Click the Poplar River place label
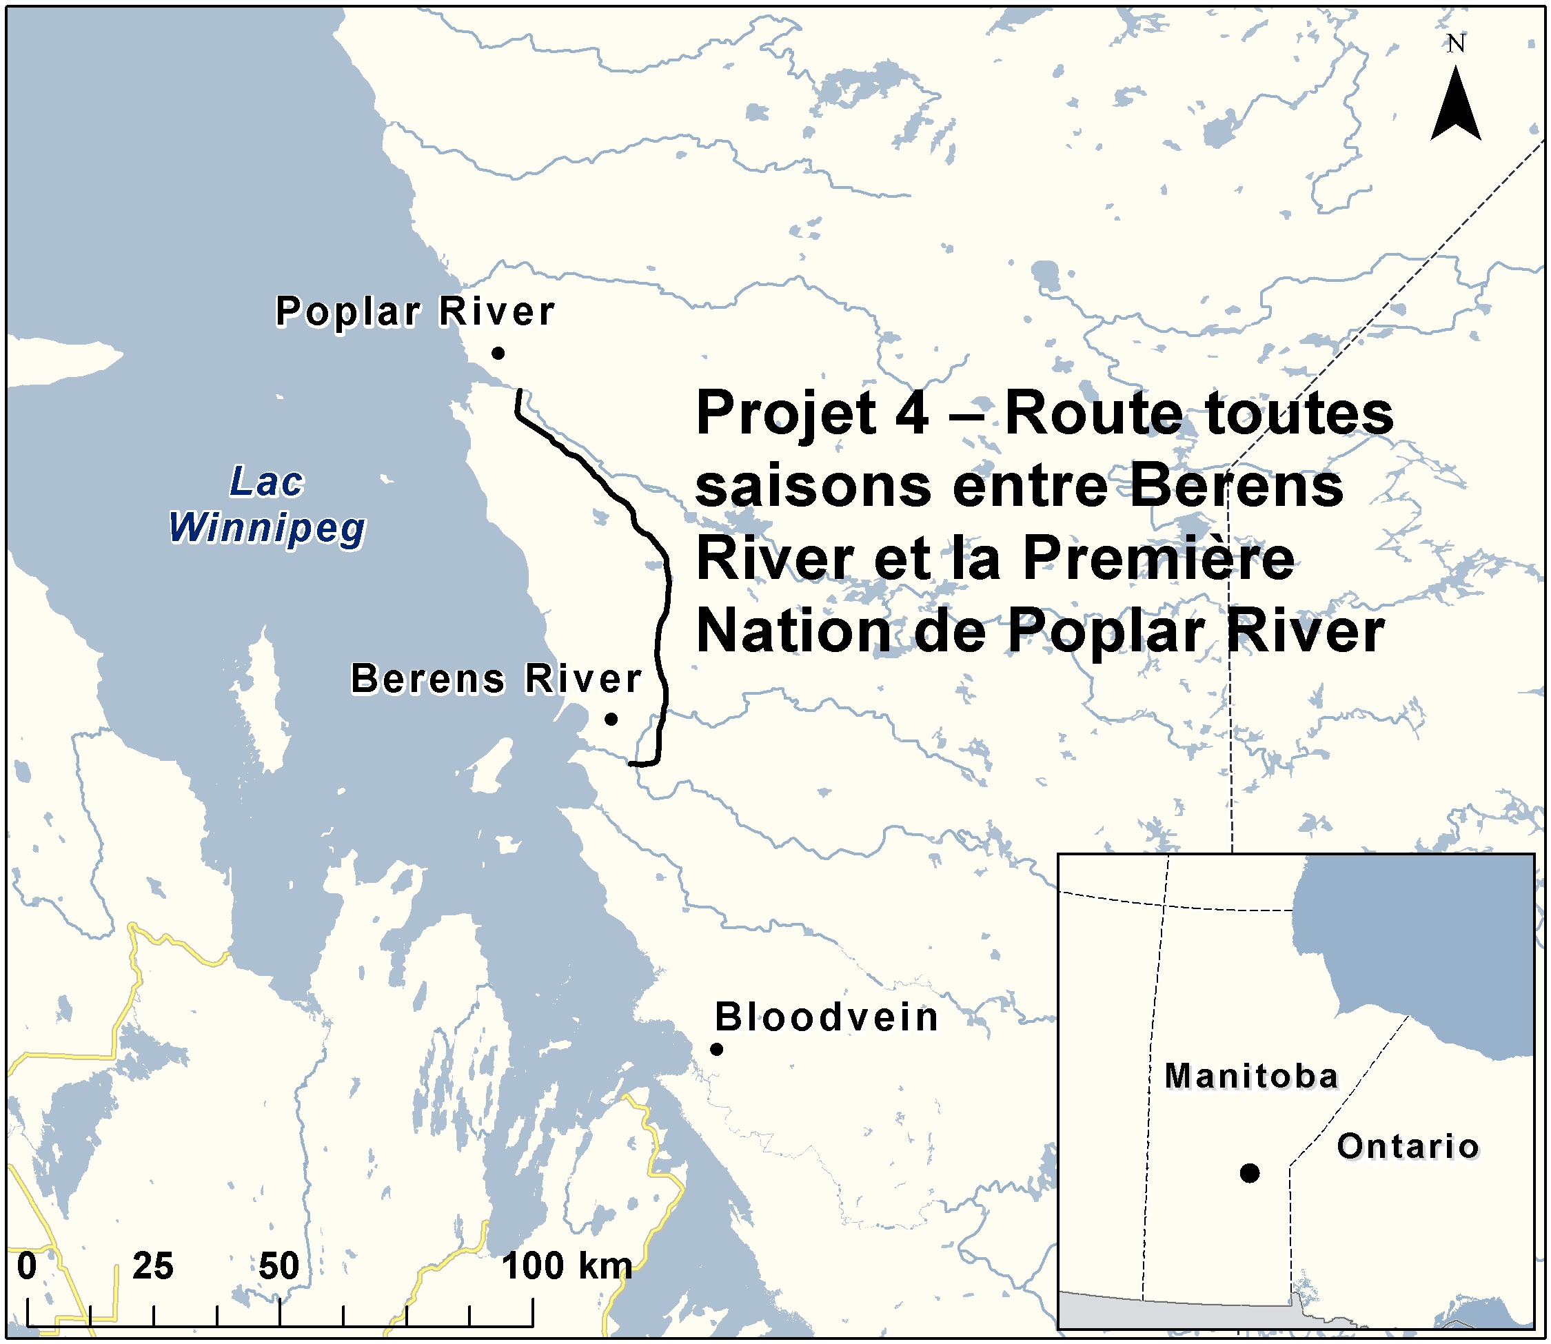415,312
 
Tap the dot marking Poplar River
498,352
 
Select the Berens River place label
496,679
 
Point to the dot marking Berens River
611,718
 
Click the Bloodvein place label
827,1018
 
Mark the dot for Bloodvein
716,1049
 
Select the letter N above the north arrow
1456,43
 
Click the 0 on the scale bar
27,1266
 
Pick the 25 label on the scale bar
153,1266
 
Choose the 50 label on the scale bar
279,1266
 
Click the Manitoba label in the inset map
1251,1077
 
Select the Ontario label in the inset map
1408,1147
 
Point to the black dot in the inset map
1250,1173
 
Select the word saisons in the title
813,486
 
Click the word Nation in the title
794,631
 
